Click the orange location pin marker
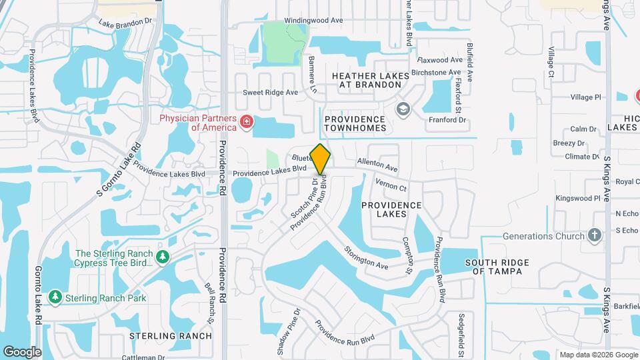click(x=321, y=159)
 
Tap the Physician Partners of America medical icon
click(x=246, y=122)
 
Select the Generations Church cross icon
click(x=595, y=236)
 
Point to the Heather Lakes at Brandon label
click(x=371, y=81)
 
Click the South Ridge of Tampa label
click(x=497, y=267)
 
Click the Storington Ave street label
click(x=366, y=258)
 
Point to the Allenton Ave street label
click(x=377, y=165)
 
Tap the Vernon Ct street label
click(x=391, y=185)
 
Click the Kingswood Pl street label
click(x=579, y=198)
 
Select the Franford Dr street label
click(x=447, y=120)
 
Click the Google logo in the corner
click(x=22, y=351)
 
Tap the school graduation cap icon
click(x=403, y=109)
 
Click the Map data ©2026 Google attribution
click(x=598, y=355)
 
